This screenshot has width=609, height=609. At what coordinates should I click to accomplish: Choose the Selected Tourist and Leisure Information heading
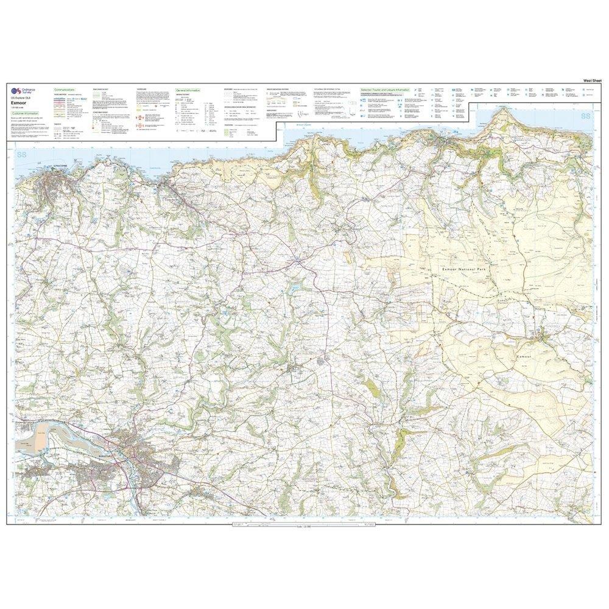coord(385,90)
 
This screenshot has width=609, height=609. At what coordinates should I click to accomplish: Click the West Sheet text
coord(592,80)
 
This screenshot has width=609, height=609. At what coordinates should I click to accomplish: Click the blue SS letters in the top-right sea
coord(586,115)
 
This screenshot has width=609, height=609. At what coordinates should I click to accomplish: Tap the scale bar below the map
coord(298,526)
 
